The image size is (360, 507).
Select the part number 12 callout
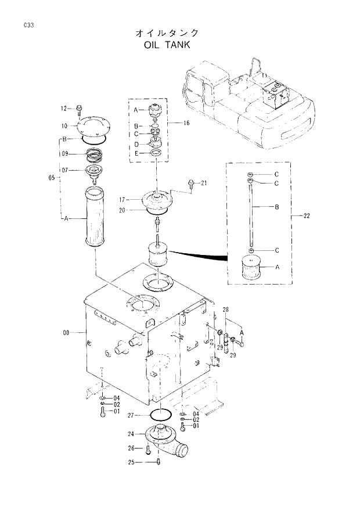64,108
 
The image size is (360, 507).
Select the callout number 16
186,124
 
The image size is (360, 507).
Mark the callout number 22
307,217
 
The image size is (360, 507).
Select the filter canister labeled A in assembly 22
250,268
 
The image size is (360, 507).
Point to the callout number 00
66,332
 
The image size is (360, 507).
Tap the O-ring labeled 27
160,415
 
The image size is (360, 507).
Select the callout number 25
132,462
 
